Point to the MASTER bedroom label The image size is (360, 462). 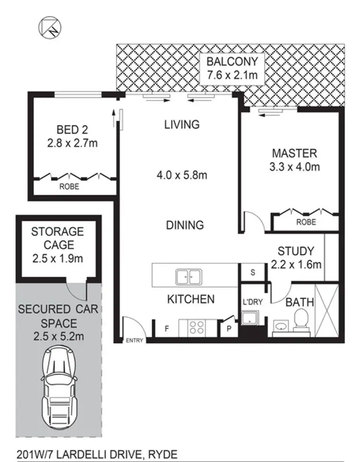coord(294,154)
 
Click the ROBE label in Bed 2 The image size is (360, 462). coord(70,187)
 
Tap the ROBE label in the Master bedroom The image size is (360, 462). coord(306,222)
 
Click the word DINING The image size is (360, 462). coord(185,225)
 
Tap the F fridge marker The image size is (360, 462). coord(167,329)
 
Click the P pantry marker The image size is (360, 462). coord(228,329)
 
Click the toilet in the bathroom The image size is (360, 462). coord(301,320)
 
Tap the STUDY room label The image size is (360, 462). coord(296,251)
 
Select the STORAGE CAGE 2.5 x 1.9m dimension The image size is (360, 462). coord(57,259)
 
